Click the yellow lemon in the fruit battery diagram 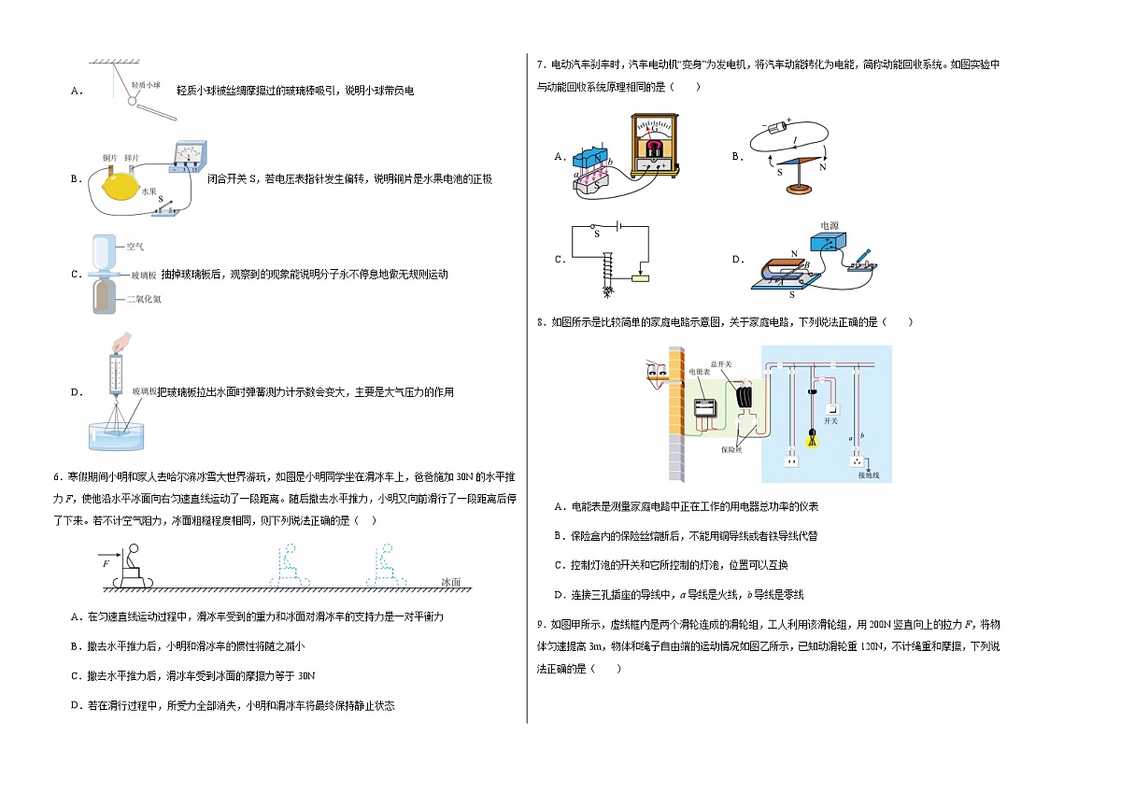pyautogui.click(x=121, y=187)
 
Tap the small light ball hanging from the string pyautogui.click(x=132, y=101)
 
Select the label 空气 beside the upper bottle pyautogui.click(x=135, y=247)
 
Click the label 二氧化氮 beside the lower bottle pyautogui.click(x=144, y=299)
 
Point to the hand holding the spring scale pyautogui.click(x=121, y=343)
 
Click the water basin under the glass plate pyautogui.click(x=116, y=437)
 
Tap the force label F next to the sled pyautogui.click(x=106, y=564)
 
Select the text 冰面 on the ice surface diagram pyautogui.click(x=451, y=582)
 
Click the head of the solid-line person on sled pyautogui.click(x=134, y=549)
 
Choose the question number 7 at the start pyautogui.click(x=540, y=64)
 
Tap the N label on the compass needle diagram pyautogui.click(x=823, y=167)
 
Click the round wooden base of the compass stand pyautogui.click(x=800, y=189)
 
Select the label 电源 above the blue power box pyautogui.click(x=830, y=226)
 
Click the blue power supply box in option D pyautogui.click(x=829, y=241)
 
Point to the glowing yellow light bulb pyautogui.click(x=812, y=439)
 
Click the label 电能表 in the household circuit pyautogui.click(x=700, y=372)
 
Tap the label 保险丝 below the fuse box pyautogui.click(x=731, y=450)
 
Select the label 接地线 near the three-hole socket pyautogui.click(x=869, y=475)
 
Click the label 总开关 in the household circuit pyautogui.click(x=721, y=364)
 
